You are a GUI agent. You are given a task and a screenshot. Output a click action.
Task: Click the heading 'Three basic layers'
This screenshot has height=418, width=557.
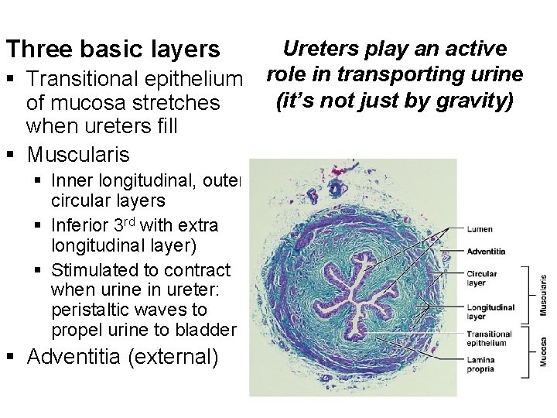[x=113, y=50]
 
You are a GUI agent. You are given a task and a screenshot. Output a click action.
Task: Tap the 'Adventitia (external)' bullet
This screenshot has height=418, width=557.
[x=123, y=357]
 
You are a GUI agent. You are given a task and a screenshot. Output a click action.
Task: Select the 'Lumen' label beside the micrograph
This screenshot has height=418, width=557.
[x=480, y=229]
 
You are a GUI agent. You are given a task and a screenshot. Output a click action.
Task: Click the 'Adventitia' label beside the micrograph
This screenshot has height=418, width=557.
[x=487, y=251]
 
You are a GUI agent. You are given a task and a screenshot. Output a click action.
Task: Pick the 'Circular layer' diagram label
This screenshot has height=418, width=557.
[x=482, y=278]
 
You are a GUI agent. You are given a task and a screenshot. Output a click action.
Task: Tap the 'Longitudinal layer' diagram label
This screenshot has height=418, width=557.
[x=490, y=312]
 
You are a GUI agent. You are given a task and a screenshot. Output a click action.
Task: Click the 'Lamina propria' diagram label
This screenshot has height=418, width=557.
[x=481, y=364]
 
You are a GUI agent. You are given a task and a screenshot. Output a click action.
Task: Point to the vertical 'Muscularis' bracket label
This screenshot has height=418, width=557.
[x=543, y=295]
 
